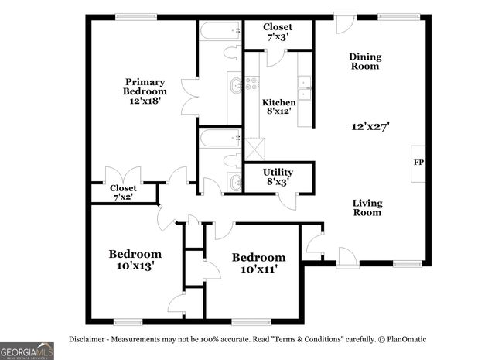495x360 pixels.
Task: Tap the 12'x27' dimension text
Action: click(369, 125)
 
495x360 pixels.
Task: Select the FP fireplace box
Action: click(418, 163)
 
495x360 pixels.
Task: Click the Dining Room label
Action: click(364, 61)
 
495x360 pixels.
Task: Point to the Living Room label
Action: click(367, 207)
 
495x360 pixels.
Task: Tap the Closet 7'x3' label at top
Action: click(277, 32)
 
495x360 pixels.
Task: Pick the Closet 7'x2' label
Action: click(123, 192)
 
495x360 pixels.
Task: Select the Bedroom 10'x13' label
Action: click(135, 259)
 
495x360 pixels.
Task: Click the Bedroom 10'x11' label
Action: click(258, 263)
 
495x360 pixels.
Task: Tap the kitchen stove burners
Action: click(252, 84)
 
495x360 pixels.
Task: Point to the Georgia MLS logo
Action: click(27, 350)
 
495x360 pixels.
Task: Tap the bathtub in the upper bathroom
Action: click(220, 33)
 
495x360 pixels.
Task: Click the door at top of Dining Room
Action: click(345, 20)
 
